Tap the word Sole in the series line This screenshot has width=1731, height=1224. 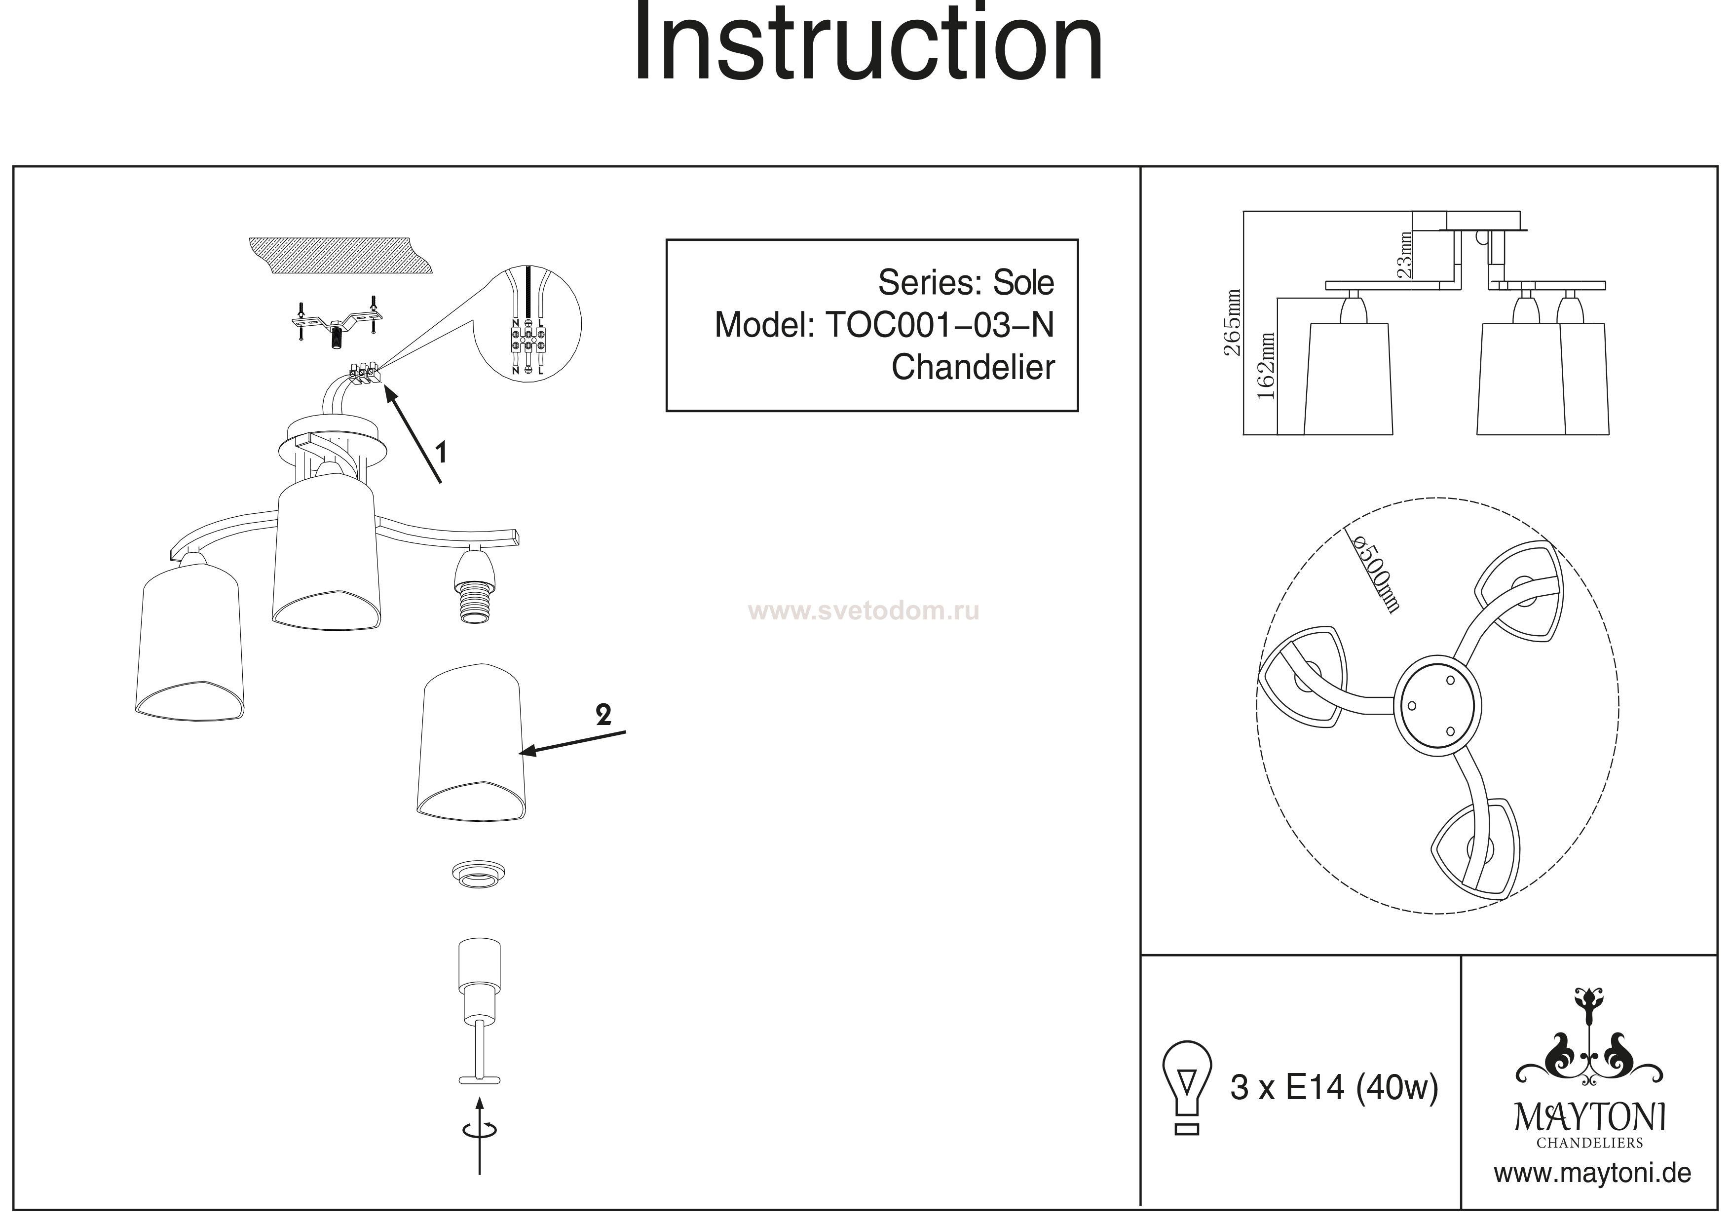[1023, 283]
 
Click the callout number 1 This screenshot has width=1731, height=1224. [442, 453]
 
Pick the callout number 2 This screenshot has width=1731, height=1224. [603, 714]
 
